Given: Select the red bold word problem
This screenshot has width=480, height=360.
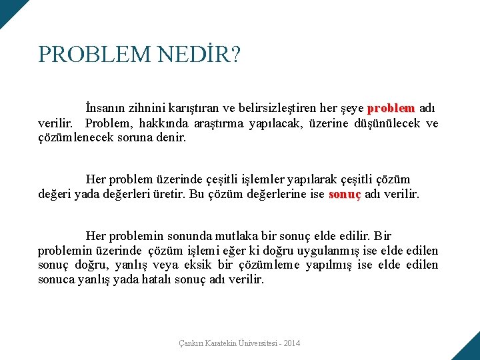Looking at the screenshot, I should click(x=391, y=108).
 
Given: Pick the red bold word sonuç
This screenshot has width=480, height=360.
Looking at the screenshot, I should click(x=345, y=194).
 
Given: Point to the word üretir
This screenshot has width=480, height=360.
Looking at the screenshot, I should click(x=169, y=194).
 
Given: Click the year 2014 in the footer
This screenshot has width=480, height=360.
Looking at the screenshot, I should click(x=291, y=343).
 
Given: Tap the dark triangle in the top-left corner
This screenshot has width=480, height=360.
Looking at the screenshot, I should click(x=9, y=9).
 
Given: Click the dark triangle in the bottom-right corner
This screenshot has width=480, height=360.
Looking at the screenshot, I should click(x=469, y=350).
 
